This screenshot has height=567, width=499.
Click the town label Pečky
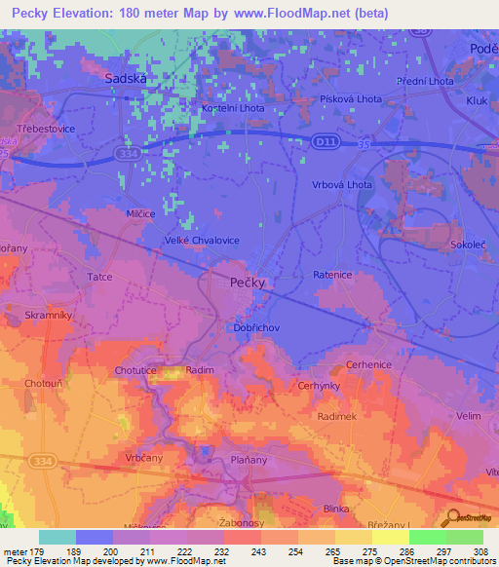(x=247, y=283)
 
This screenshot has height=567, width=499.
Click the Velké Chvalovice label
(x=202, y=240)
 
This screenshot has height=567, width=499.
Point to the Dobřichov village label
(x=256, y=328)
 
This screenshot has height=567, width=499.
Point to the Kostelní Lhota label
(x=232, y=108)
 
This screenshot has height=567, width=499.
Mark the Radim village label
(x=199, y=370)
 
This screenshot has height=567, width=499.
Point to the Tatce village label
(x=100, y=277)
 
